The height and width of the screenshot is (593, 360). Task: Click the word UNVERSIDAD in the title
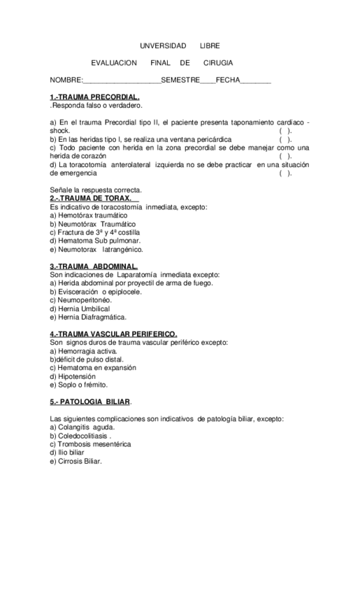tap(163, 45)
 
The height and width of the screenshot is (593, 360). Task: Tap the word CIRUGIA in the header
tap(218, 63)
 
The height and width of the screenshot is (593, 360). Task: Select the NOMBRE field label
tap(66, 80)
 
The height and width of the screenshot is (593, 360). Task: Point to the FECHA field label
tap(228, 80)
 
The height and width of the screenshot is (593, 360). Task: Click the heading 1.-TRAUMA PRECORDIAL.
tap(94, 97)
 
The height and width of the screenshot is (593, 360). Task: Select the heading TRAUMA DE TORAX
tap(91, 198)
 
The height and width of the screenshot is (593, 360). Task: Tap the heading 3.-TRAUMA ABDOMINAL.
tap(94, 266)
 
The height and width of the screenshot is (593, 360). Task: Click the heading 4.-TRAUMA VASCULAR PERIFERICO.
tap(113, 334)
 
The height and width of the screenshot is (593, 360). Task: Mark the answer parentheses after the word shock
tap(285, 131)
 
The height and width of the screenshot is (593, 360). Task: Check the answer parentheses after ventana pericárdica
tap(285, 139)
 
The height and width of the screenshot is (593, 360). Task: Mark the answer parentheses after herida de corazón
tap(285, 156)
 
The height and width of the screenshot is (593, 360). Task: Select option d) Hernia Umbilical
tap(80, 308)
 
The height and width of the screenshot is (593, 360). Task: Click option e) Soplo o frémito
tap(79, 385)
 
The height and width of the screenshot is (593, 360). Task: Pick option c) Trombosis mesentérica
tap(90, 444)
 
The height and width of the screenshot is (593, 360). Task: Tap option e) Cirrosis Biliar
tap(75, 461)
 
